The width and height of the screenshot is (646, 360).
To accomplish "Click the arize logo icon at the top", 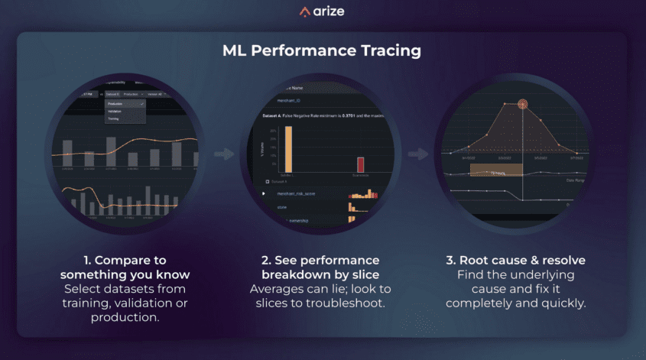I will click(304, 11).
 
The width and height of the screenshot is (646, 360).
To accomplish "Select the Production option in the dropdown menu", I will click(115, 103).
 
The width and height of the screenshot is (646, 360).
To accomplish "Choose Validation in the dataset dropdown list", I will click(115, 111).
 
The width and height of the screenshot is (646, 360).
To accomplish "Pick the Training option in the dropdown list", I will click(114, 119).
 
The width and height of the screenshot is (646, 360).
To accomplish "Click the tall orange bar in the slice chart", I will click(287, 148).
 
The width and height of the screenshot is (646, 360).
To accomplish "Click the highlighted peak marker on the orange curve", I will click(523, 104).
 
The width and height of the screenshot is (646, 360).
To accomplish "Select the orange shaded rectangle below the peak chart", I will click(501, 168).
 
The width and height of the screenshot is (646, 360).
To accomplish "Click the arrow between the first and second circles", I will click(224, 154).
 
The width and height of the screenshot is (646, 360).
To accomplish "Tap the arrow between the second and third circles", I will click(417, 154).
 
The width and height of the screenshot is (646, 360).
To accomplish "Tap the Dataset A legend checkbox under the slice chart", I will click(266, 182).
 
